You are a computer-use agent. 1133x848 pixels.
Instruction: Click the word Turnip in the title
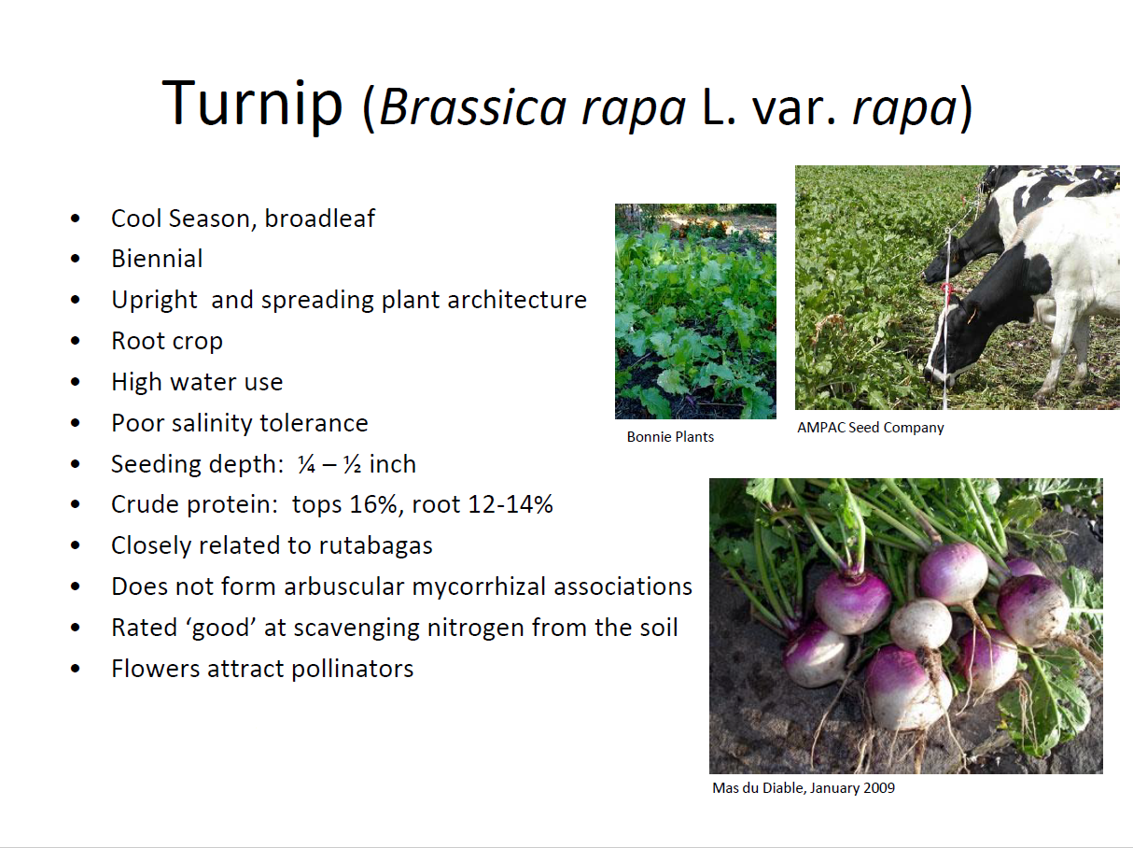252,104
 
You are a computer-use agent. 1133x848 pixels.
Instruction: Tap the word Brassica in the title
473,107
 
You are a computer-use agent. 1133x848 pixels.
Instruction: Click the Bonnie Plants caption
670,437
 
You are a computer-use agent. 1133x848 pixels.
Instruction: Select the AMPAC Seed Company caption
870,428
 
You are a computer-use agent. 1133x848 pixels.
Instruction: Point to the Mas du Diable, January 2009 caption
804,788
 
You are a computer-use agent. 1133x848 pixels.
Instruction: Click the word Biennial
157,259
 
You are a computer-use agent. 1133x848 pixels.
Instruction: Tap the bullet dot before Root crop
76,341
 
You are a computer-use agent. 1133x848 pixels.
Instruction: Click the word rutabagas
375,546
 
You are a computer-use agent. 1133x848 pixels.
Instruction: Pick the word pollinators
353,669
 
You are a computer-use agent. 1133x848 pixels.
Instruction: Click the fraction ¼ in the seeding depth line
305,464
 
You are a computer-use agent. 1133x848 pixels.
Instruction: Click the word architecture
517,300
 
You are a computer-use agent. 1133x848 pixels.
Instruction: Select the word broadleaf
319,219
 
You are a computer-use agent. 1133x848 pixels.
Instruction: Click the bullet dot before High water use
76,382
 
